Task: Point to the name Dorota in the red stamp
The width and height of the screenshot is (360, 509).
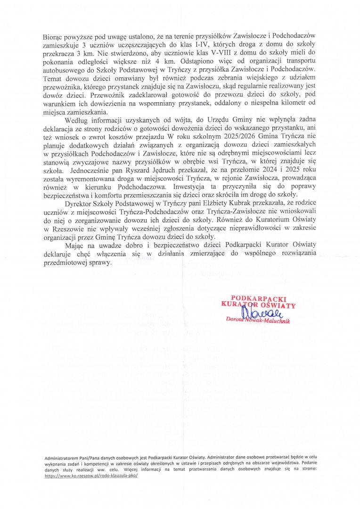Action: click(x=236, y=321)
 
